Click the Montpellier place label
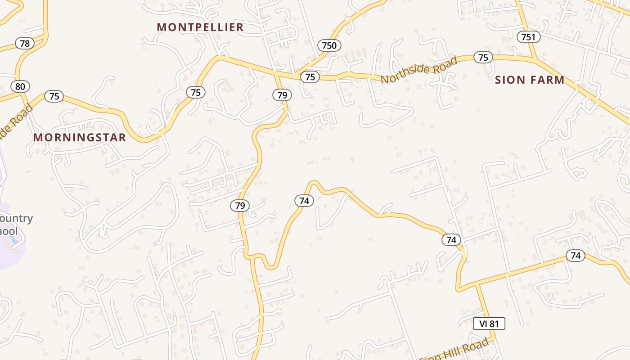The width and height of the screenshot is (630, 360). coord(200,27)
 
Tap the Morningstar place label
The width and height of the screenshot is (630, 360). coord(80,138)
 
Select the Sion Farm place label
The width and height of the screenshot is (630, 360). coord(530,80)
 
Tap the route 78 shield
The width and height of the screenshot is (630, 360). coord(25,43)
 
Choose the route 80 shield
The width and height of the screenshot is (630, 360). coord(20,86)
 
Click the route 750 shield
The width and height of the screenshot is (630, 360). coord(329,45)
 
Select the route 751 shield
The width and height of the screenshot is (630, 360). coord(528,37)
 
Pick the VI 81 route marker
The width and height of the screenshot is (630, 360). coord(489,324)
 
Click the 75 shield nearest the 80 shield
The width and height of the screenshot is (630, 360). coord(54,96)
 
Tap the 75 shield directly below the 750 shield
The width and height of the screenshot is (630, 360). coord(310,77)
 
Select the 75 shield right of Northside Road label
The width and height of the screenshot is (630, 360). coord(483,58)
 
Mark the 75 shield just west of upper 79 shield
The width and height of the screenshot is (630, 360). coord(196,93)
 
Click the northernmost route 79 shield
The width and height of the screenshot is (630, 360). coord(282,95)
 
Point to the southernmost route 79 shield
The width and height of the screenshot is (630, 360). coord(240,206)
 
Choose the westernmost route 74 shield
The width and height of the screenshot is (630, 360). coord(304,201)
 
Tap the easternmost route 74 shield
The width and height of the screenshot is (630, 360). coord(576,256)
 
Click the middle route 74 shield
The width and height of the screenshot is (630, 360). coord(451,240)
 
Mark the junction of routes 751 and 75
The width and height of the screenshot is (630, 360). coord(535,59)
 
